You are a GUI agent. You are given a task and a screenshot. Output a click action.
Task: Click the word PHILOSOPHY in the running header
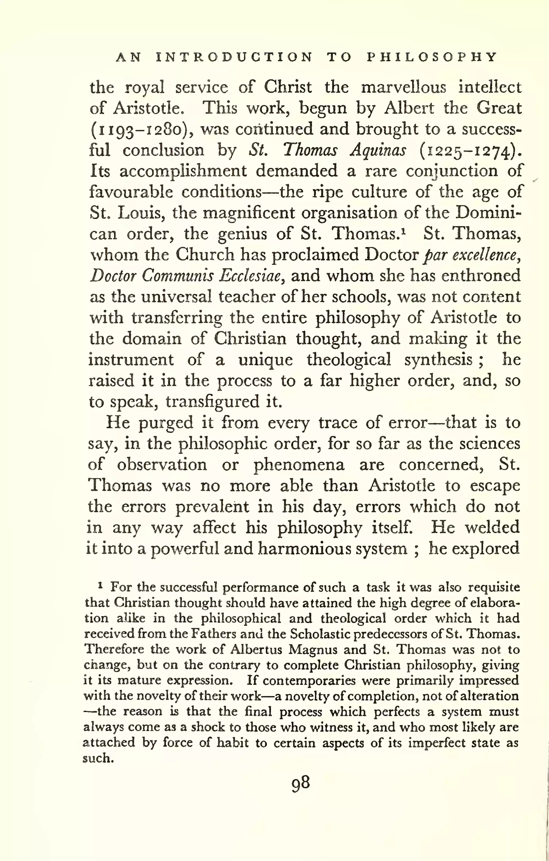pos(432,57)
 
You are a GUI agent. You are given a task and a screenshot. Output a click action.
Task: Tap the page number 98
pos(300,783)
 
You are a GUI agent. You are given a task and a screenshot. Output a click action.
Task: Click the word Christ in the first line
pos(288,87)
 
